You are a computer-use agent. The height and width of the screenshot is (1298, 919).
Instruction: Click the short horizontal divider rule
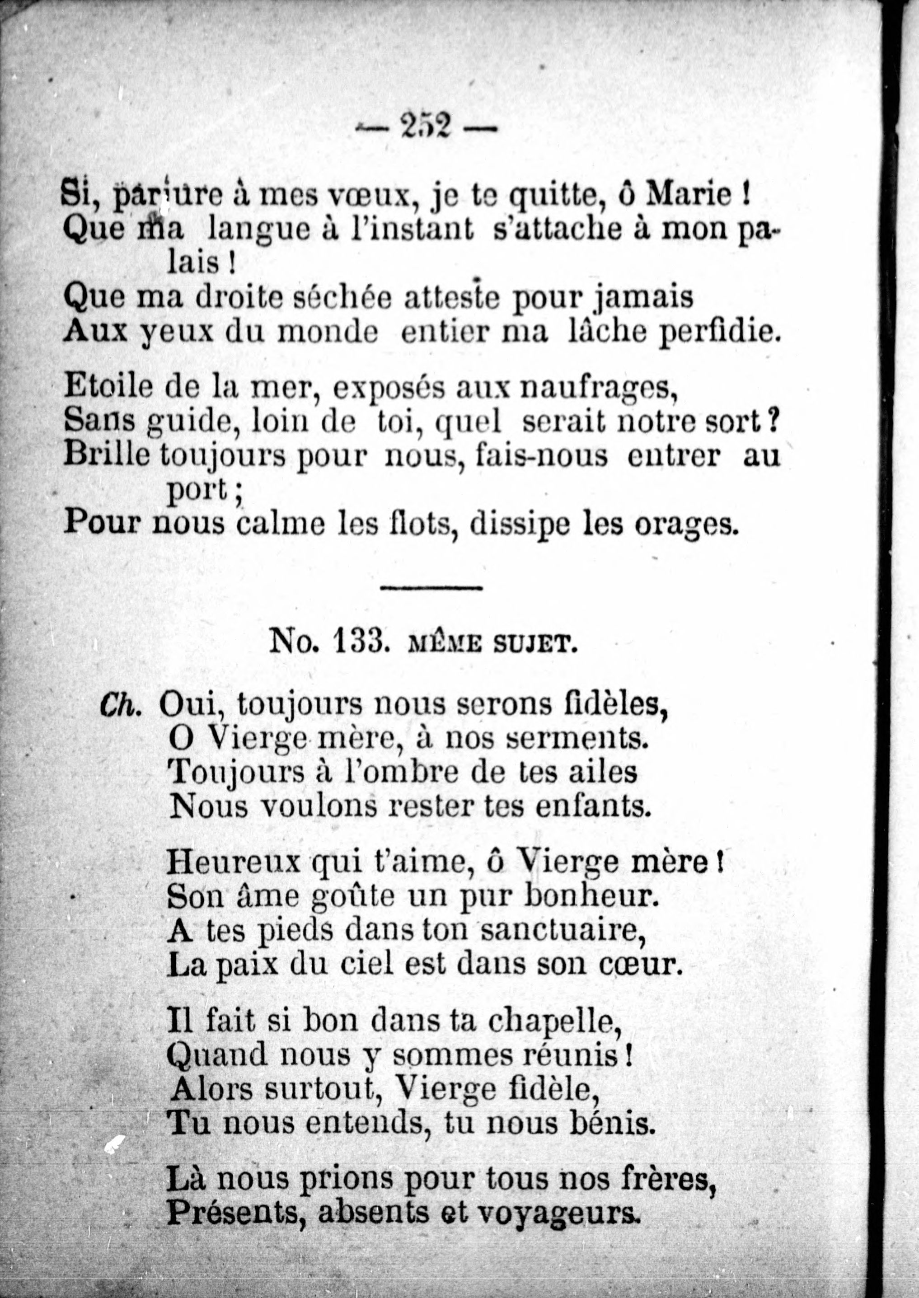pyautogui.click(x=431, y=588)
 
